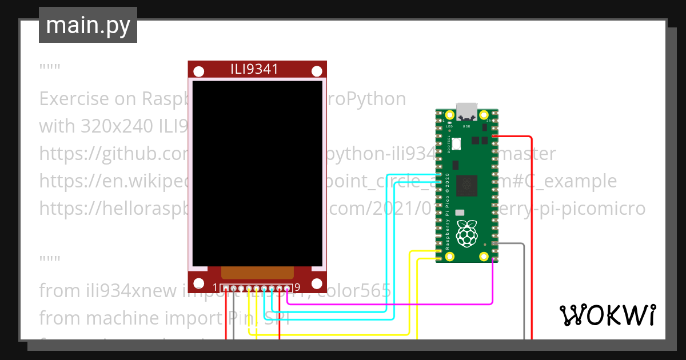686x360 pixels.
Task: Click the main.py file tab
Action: pos(87,25)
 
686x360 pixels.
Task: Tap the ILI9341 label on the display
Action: pos(254,70)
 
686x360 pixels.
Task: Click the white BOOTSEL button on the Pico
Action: pos(460,213)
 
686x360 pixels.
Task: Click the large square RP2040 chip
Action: pos(470,184)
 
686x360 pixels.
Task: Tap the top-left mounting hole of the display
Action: pos(198,71)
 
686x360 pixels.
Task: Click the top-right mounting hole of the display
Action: pos(317,71)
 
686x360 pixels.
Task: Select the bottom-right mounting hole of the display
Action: pos(317,283)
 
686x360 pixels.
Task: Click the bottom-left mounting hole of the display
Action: pos(198,283)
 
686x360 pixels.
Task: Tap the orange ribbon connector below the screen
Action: pos(257,273)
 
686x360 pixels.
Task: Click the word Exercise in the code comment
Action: pos(74,99)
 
